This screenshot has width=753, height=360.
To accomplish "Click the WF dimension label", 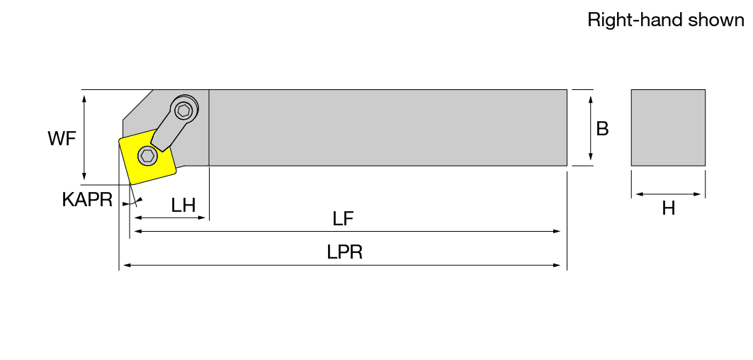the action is [62, 139].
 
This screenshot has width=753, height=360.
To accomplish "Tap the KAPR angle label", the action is [87, 199].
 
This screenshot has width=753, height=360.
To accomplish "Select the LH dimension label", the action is [183, 206].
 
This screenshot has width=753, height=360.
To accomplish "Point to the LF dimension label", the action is [343, 219].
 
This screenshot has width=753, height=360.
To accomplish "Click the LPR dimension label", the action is [344, 252].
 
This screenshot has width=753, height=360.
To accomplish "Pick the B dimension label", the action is [602, 129].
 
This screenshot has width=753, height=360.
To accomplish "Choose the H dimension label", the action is [669, 208].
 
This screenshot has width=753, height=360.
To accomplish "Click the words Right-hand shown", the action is [666, 20].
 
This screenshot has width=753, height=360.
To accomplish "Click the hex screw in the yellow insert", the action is [147, 156].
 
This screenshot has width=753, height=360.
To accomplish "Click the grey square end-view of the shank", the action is [668, 128].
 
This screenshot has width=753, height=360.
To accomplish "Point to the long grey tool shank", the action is [388, 128].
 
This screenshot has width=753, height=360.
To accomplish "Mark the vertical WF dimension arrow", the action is [84, 137].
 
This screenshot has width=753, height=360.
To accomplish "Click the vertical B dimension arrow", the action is [591, 128].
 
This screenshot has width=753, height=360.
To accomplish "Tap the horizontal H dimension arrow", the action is [669, 195].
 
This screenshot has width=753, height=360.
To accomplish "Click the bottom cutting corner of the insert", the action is [131, 184].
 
